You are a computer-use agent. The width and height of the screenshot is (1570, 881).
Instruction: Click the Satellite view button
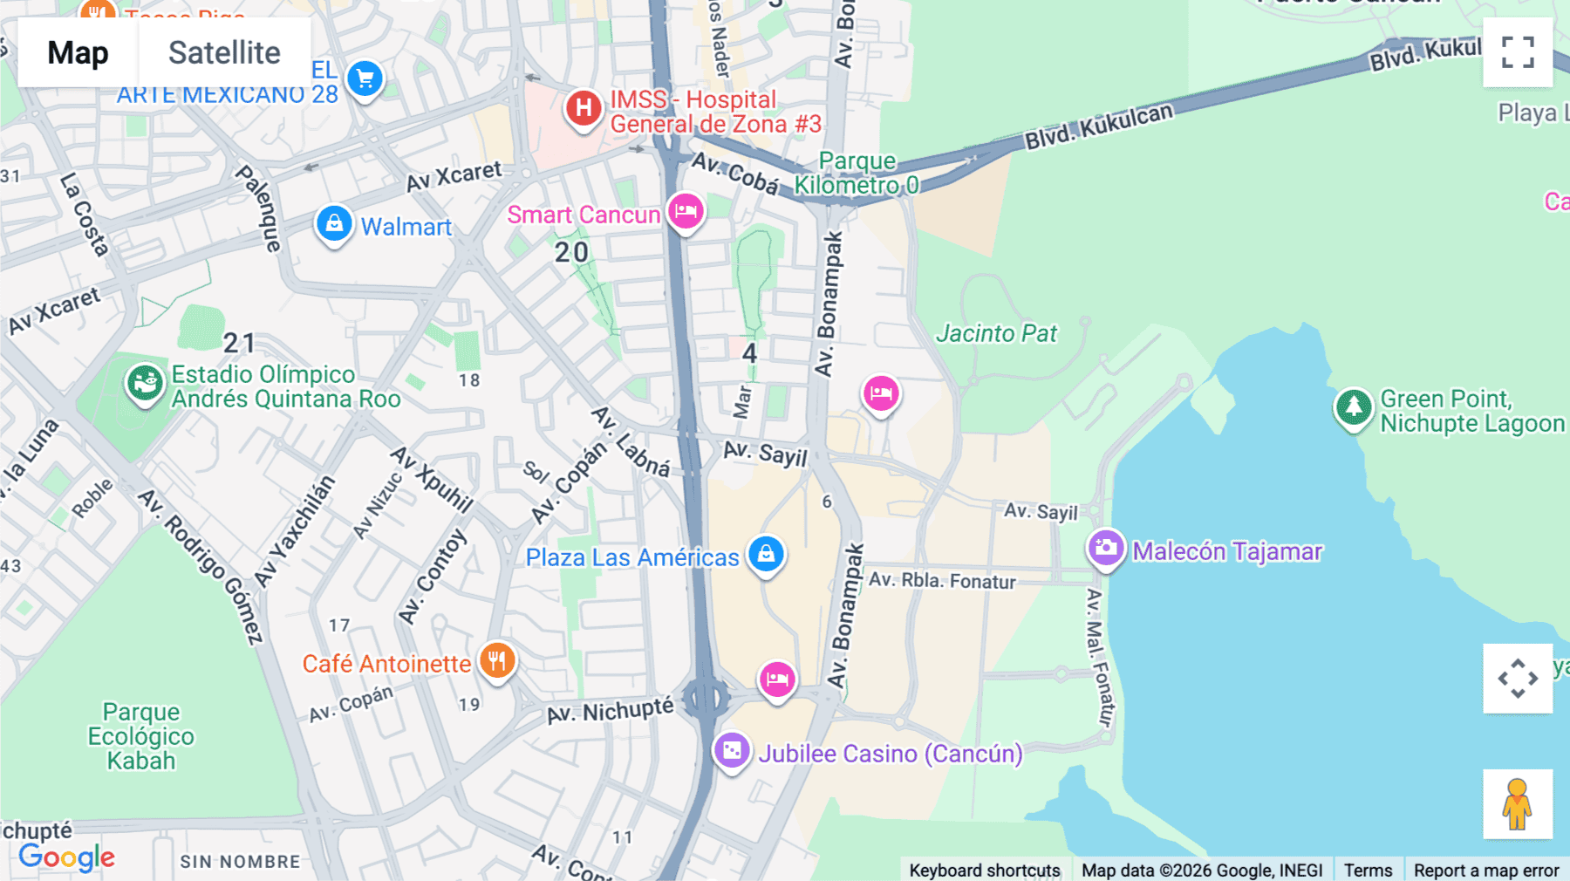224,52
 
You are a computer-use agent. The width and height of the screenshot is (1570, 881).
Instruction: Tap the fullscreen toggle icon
1518,52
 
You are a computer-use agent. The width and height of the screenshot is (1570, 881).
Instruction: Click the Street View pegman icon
1517,803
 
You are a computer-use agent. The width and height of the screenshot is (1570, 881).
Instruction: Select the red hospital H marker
584,109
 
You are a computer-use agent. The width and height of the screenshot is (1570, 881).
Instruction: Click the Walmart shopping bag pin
334,224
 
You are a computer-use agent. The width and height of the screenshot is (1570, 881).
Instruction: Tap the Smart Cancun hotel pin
686,211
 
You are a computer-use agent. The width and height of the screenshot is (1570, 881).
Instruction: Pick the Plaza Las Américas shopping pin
766,554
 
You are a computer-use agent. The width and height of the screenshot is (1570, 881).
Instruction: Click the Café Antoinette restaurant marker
497,661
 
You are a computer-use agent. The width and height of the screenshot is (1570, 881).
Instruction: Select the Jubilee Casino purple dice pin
732,750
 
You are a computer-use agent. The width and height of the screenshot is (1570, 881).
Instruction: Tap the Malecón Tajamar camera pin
1106,548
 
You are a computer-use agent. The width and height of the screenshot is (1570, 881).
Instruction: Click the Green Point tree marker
1354,406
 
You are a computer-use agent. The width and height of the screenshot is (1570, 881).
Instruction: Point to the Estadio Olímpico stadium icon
145,382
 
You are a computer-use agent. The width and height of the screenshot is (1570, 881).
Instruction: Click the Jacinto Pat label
996,333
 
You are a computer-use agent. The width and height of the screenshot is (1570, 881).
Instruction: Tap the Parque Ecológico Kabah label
140,736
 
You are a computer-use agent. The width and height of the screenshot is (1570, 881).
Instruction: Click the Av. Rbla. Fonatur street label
942,580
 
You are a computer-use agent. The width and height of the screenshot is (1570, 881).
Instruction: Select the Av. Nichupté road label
611,711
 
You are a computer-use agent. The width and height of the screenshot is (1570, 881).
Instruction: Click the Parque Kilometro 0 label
857,173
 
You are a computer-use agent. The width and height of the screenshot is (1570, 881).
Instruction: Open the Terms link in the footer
1367,870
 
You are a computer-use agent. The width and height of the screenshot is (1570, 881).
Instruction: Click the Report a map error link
1485,870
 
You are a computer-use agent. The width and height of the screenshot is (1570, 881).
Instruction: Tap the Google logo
66,857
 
